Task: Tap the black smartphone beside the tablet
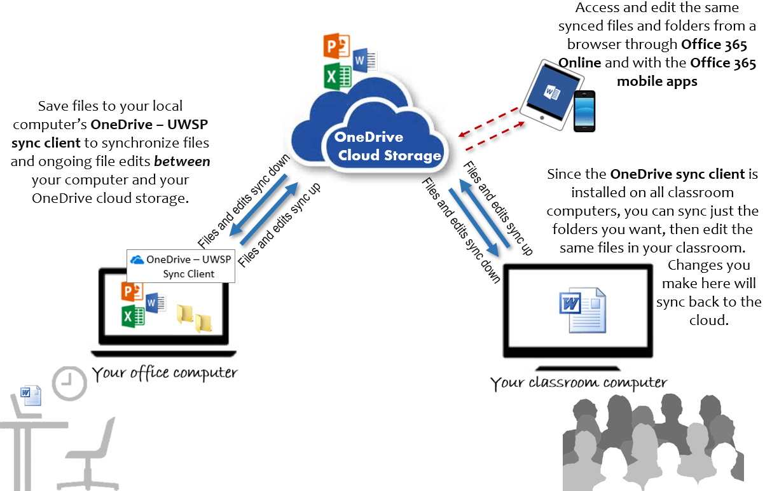(x=584, y=111)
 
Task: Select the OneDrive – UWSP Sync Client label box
(x=181, y=266)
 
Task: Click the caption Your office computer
(x=165, y=373)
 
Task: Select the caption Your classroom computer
(x=578, y=383)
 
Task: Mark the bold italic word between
(x=182, y=162)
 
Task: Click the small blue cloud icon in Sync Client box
(x=137, y=259)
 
